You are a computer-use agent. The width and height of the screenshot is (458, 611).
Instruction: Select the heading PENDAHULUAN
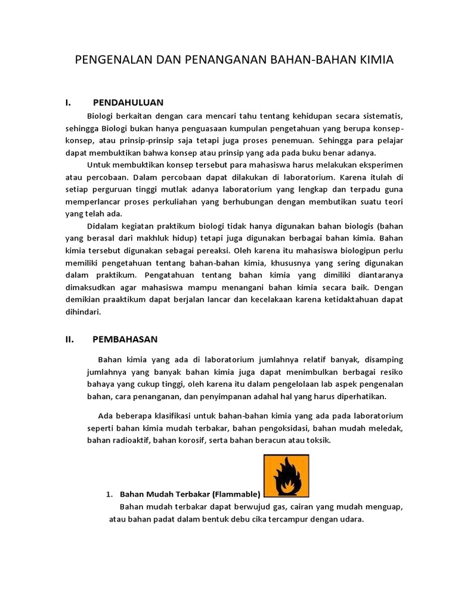[x=128, y=103]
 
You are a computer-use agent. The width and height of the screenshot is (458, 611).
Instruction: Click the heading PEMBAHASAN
[x=125, y=339]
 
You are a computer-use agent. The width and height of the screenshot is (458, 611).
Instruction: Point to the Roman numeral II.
[x=69, y=339]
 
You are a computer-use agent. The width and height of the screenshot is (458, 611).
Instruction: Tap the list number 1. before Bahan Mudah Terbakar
[x=109, y=494]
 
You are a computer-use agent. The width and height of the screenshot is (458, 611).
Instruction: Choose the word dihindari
[x=83, y=312]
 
